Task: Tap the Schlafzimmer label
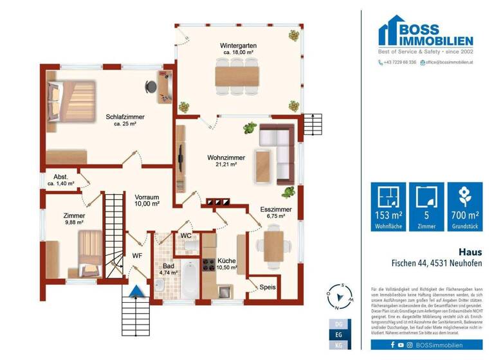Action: pos(125,116)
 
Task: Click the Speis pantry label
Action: pos(268,287)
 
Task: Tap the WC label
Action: pos(186,235)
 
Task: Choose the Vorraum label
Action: pos(147,197)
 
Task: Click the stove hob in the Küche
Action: pos(208,264)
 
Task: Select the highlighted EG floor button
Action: pos(340,334)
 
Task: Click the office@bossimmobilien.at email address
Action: pos(448,62)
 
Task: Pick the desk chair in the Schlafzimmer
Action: pos(151,85)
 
